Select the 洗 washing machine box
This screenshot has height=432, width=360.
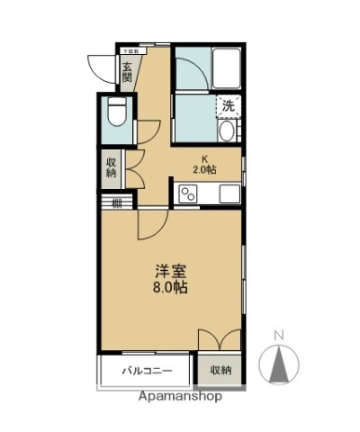[x=228, y=105]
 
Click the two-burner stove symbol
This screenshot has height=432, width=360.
[x=189, y=193]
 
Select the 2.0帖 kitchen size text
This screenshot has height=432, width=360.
[x=204, y=169]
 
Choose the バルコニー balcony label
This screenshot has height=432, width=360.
[x=145, y=371]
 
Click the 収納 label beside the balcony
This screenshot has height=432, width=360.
[x=220, y=371]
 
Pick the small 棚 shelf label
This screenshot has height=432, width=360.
[x=117, y=202]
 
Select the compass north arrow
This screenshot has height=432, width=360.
[x=280, y=364]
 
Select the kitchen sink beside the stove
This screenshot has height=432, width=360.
[x=228, y=193]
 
